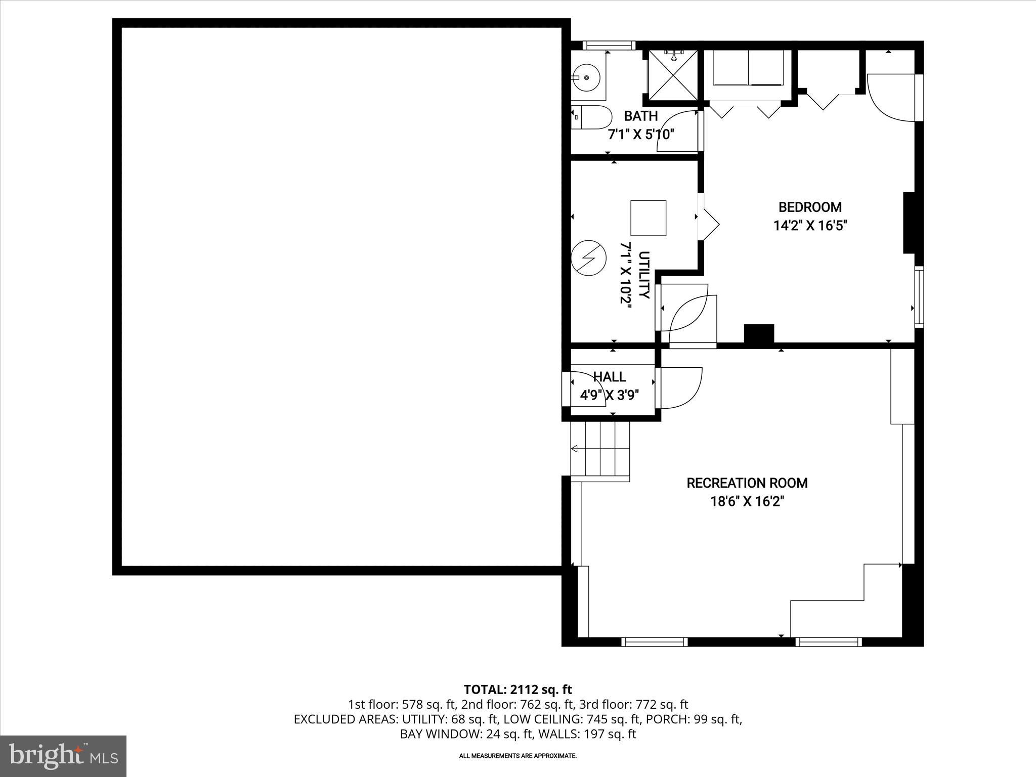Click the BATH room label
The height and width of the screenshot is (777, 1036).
click(x=640, y=116)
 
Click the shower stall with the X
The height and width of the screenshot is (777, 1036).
click(x=673, y=76)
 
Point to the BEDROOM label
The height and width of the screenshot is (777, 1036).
click(x=810, y=207)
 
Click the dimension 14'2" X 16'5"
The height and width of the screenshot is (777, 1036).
click(x=810, y=226)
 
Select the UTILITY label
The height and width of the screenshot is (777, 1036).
click(x=644, y=275)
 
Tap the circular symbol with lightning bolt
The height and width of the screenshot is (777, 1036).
click(x=588, y=257)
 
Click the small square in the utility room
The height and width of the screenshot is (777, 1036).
click(x=648, y=218)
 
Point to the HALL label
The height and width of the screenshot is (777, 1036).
click(x=609, y=377)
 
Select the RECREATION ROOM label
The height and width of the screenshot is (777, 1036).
click(x=747, y=483)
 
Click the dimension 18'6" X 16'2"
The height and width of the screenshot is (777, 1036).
click(x=747, y=502)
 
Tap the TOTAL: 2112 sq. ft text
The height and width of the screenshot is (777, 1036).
click(x=517, y=689)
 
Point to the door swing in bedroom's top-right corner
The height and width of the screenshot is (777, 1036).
click(x=890, y=99)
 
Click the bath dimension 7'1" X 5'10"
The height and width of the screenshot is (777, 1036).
click(x=640, y=135)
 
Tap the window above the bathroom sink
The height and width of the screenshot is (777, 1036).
click(x=608, y=45)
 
